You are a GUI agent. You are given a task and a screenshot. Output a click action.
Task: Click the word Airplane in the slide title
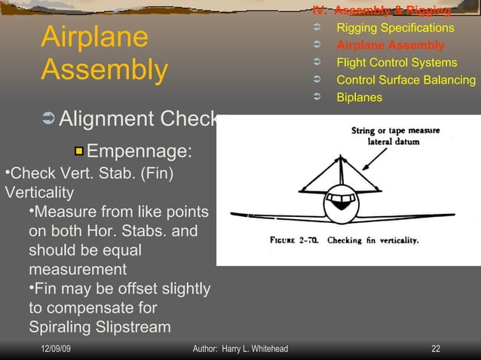click(94, 37)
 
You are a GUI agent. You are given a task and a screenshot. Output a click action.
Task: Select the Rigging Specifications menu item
click(395, 28)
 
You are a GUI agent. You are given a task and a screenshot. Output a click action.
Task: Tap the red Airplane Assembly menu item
click(390, 45)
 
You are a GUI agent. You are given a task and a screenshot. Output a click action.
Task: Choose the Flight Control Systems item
click(397, 63)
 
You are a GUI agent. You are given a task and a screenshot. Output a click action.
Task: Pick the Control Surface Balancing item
click(406, 80)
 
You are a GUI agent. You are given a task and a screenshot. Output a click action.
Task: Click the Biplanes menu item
click(359, 97)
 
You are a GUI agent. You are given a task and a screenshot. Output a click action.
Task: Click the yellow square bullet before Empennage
click(78, 151)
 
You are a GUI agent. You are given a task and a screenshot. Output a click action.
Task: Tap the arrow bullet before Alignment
click(48, 119)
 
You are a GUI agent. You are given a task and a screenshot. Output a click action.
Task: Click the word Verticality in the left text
click(39, 191)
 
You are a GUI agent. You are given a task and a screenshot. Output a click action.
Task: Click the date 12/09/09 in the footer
click(57, 349)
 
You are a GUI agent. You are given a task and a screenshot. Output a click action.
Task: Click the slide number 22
click(435, 349)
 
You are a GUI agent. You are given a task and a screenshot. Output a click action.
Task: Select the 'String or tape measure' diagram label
click(395, 130)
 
